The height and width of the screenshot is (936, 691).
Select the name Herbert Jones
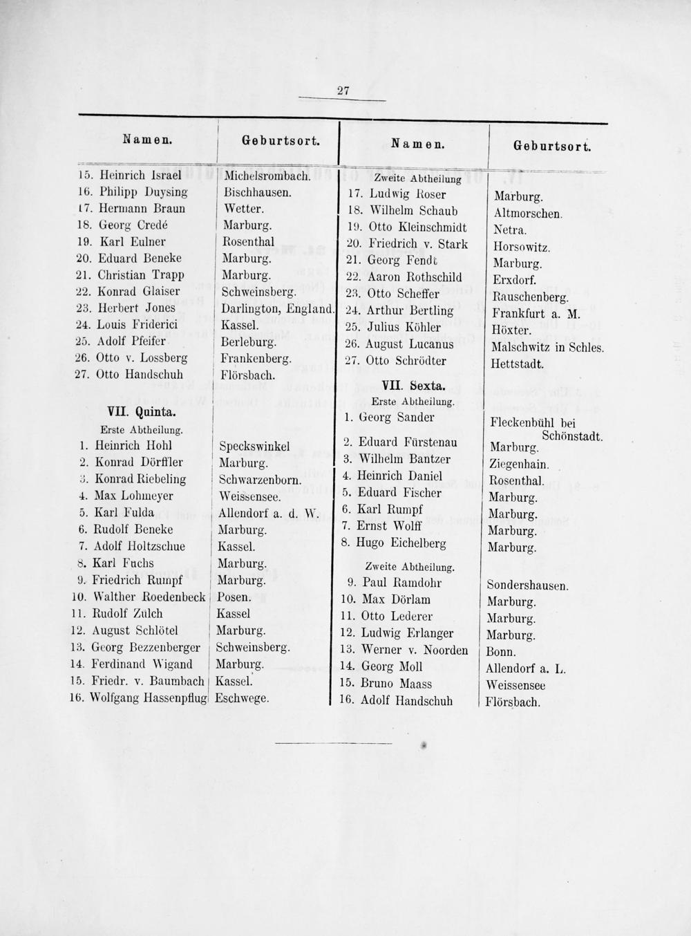point(138,308)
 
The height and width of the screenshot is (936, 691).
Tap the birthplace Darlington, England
point(278,308)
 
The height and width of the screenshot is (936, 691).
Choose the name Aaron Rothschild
point(415,277)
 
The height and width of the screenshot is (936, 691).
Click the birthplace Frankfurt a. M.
point(536,313)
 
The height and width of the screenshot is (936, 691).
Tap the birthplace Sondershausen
point(528,585)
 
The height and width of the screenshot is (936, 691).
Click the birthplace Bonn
point(501,652)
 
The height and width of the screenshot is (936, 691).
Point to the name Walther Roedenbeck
point(149,597)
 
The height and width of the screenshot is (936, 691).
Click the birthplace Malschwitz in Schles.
point(547,347)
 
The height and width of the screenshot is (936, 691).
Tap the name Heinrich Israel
point(140,175)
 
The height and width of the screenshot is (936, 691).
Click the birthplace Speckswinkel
point(254,446)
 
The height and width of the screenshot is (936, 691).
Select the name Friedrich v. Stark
point(418,244)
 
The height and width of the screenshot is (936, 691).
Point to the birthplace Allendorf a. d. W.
point(266,513)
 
